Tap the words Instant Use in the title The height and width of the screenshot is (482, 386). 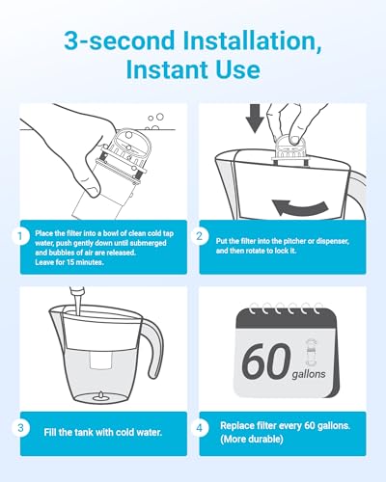pyautogui.click(x=193, y=70)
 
